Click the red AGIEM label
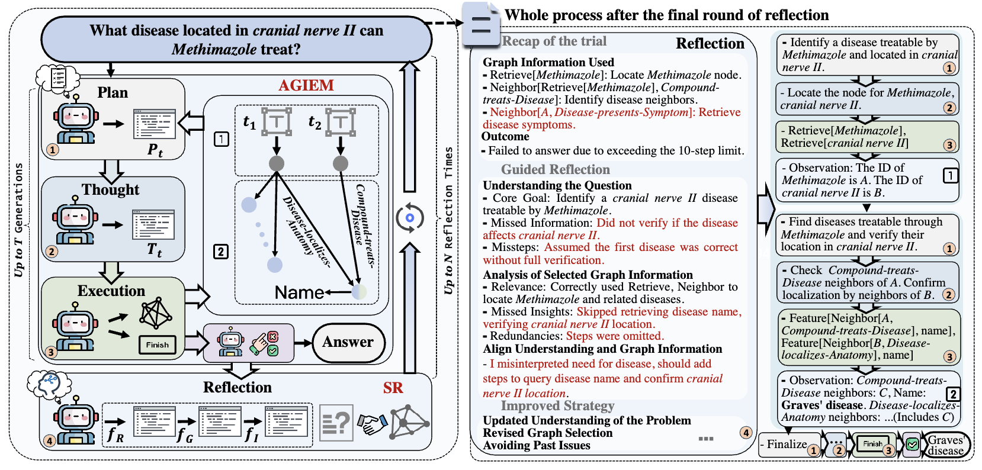(x=306, y=85)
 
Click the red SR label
(x=393, y=388)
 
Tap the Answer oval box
(x=348, y=342)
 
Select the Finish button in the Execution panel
(x=158, y=345)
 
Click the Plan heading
(x=113, y=93)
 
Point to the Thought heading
(x=111, y=189)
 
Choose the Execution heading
(x=111, y=291)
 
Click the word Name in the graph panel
(x=299, y=292)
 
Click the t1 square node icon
(x=276, y=121)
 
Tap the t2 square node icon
(x=340, y=121)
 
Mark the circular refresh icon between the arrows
(x=409, y=218)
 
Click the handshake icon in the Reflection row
(x=372, y=423)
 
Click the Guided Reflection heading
(x=555, y=170)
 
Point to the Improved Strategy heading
(x=557, y=405)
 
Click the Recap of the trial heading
(x=554, y=41)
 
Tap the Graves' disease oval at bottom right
(x=946, y=445)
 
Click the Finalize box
(x=787, y=445)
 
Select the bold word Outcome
(x=505, y=137)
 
